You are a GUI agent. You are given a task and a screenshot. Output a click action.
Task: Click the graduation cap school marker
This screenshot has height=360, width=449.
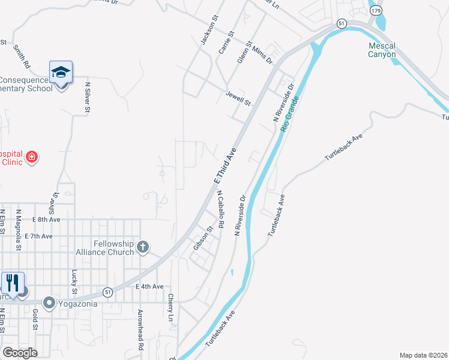61,73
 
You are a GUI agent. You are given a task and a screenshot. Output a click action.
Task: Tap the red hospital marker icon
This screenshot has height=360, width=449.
31,158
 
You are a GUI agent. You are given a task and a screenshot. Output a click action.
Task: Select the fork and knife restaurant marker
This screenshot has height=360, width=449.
13,283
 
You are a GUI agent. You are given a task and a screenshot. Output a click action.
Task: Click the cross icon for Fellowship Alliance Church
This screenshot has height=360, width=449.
143,246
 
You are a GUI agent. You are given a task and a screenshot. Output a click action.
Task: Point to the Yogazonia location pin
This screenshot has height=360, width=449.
49,303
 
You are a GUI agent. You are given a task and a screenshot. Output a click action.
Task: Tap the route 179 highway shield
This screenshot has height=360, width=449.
376,11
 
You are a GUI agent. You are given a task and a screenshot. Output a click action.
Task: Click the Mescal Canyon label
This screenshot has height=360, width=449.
382,50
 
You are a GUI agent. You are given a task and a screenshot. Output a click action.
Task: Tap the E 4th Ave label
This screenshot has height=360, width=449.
149,287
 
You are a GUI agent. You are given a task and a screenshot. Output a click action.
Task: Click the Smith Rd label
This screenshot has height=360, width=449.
22,56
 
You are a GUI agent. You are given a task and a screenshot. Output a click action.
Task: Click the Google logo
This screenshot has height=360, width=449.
20,353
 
